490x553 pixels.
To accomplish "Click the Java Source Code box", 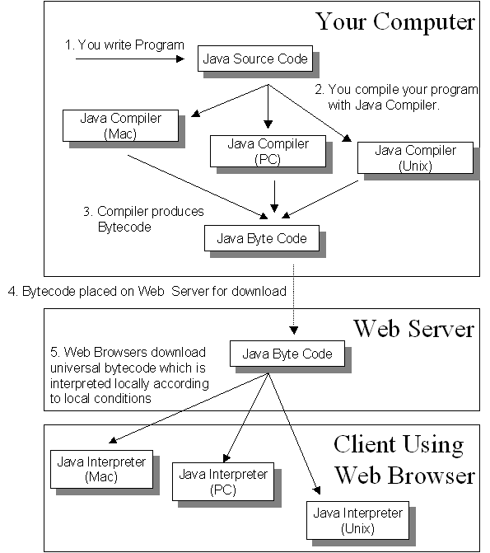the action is [255, 59].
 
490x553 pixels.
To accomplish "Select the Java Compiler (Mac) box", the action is [120, 125].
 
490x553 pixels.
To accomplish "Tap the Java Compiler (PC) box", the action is [268, 152].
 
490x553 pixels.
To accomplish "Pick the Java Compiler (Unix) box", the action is [415, 157].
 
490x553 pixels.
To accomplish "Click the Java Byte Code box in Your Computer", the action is [262, 238].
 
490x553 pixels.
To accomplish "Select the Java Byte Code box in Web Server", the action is [287, 354].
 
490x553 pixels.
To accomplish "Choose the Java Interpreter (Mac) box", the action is [101, 469].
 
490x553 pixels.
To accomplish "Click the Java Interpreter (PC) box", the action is [223, 482].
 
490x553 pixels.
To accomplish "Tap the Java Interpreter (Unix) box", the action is [357, 520].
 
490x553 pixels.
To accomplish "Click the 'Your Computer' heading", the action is [395, 22].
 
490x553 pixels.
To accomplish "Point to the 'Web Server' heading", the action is [414, 329].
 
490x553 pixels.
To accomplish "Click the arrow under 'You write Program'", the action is [130, 59].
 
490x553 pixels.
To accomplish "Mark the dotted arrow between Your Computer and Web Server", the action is [294, 299].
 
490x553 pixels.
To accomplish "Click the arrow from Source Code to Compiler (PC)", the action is [268, 106].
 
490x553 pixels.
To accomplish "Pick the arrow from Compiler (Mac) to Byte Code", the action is [198, 187].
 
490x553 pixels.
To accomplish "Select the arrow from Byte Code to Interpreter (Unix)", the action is [294, 433].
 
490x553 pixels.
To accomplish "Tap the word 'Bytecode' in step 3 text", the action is [124, 227].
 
